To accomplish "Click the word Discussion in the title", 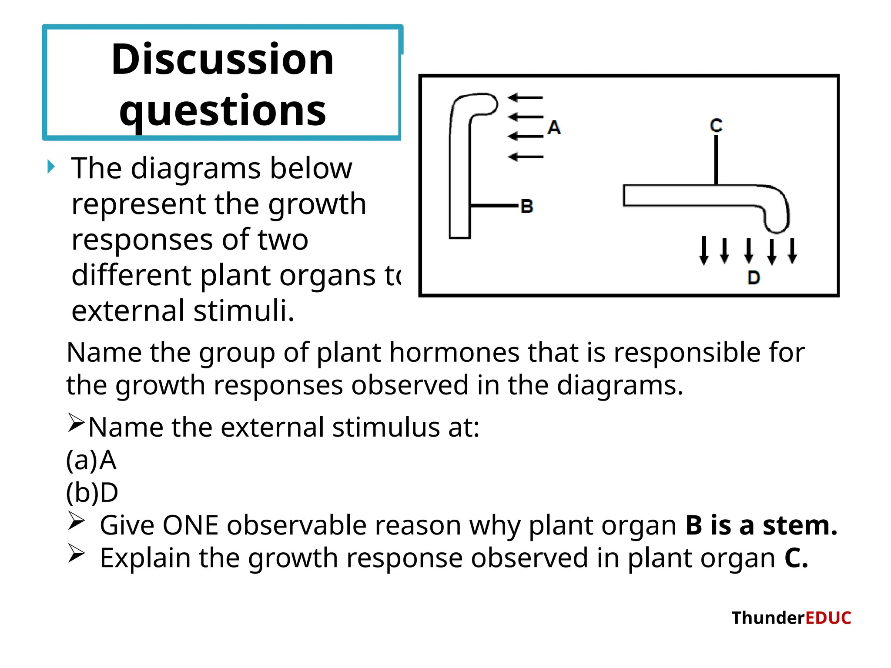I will point(222,60).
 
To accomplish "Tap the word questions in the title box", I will point(222,110).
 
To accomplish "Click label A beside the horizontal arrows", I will point(554,127).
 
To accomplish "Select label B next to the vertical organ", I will point(527,206).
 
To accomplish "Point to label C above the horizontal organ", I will point(716,126).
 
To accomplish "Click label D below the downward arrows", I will point(754,277).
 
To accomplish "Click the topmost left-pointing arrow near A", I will point(526,98).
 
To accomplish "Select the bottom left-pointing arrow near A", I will point(526,157).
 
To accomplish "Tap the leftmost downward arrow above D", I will point(704,251).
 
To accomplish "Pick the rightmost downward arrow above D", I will point(792,251).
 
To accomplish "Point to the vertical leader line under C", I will point(716,160).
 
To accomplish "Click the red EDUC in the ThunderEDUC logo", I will point(828,618).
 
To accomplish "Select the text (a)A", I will point(91,460).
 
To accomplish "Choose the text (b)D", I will point(92,493).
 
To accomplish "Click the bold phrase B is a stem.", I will point(761,525).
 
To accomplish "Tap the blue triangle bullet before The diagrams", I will point(51,167).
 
